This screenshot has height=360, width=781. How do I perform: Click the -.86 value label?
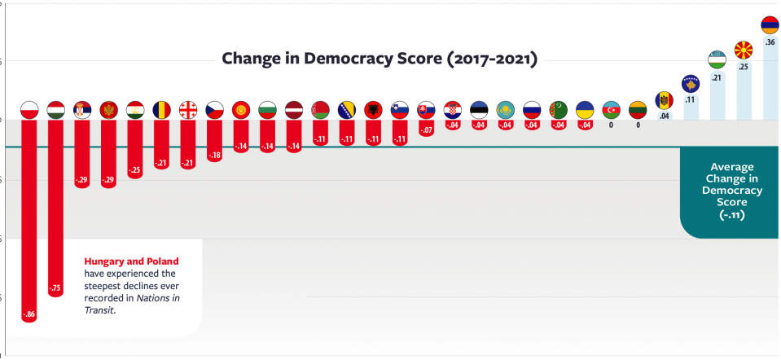pos(29,314)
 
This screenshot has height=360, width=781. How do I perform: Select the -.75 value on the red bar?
pos(55,288)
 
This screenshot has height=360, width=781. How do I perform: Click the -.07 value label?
pos(426,130)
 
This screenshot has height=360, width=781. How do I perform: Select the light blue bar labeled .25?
pos(744,90)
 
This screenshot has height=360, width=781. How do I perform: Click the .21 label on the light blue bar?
pos(717,78)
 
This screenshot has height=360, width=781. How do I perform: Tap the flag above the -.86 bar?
pos(29,109)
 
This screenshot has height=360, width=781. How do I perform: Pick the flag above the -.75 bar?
pos(55,109)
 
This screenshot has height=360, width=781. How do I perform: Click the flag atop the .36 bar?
pos(770,24)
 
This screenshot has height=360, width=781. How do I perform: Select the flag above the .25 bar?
pos(744,50)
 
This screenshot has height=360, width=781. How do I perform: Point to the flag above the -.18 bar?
pos(215,109)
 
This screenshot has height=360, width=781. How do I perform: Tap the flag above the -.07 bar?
pos(426,109)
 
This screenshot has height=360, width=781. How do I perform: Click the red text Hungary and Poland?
pos(131,261)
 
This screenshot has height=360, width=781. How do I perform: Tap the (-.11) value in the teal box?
pos(731,216)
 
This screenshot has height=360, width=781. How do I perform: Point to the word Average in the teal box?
pos(731,165)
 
